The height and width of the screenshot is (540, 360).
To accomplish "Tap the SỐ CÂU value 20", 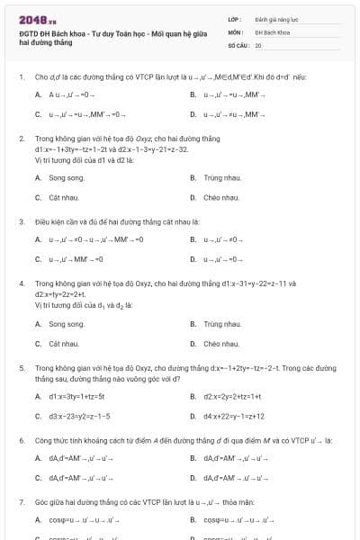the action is click(258, 44).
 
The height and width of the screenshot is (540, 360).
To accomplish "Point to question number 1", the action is click(21, 77).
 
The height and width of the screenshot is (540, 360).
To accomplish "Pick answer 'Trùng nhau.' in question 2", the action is click(222, 178).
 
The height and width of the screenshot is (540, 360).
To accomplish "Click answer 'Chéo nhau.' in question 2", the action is click(221, 197).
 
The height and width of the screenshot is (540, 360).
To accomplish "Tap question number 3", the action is click(21, 220).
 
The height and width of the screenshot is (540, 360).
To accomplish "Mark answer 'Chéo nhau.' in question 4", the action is click(221, 344).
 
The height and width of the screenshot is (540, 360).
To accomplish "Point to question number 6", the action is click(21, 440).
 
